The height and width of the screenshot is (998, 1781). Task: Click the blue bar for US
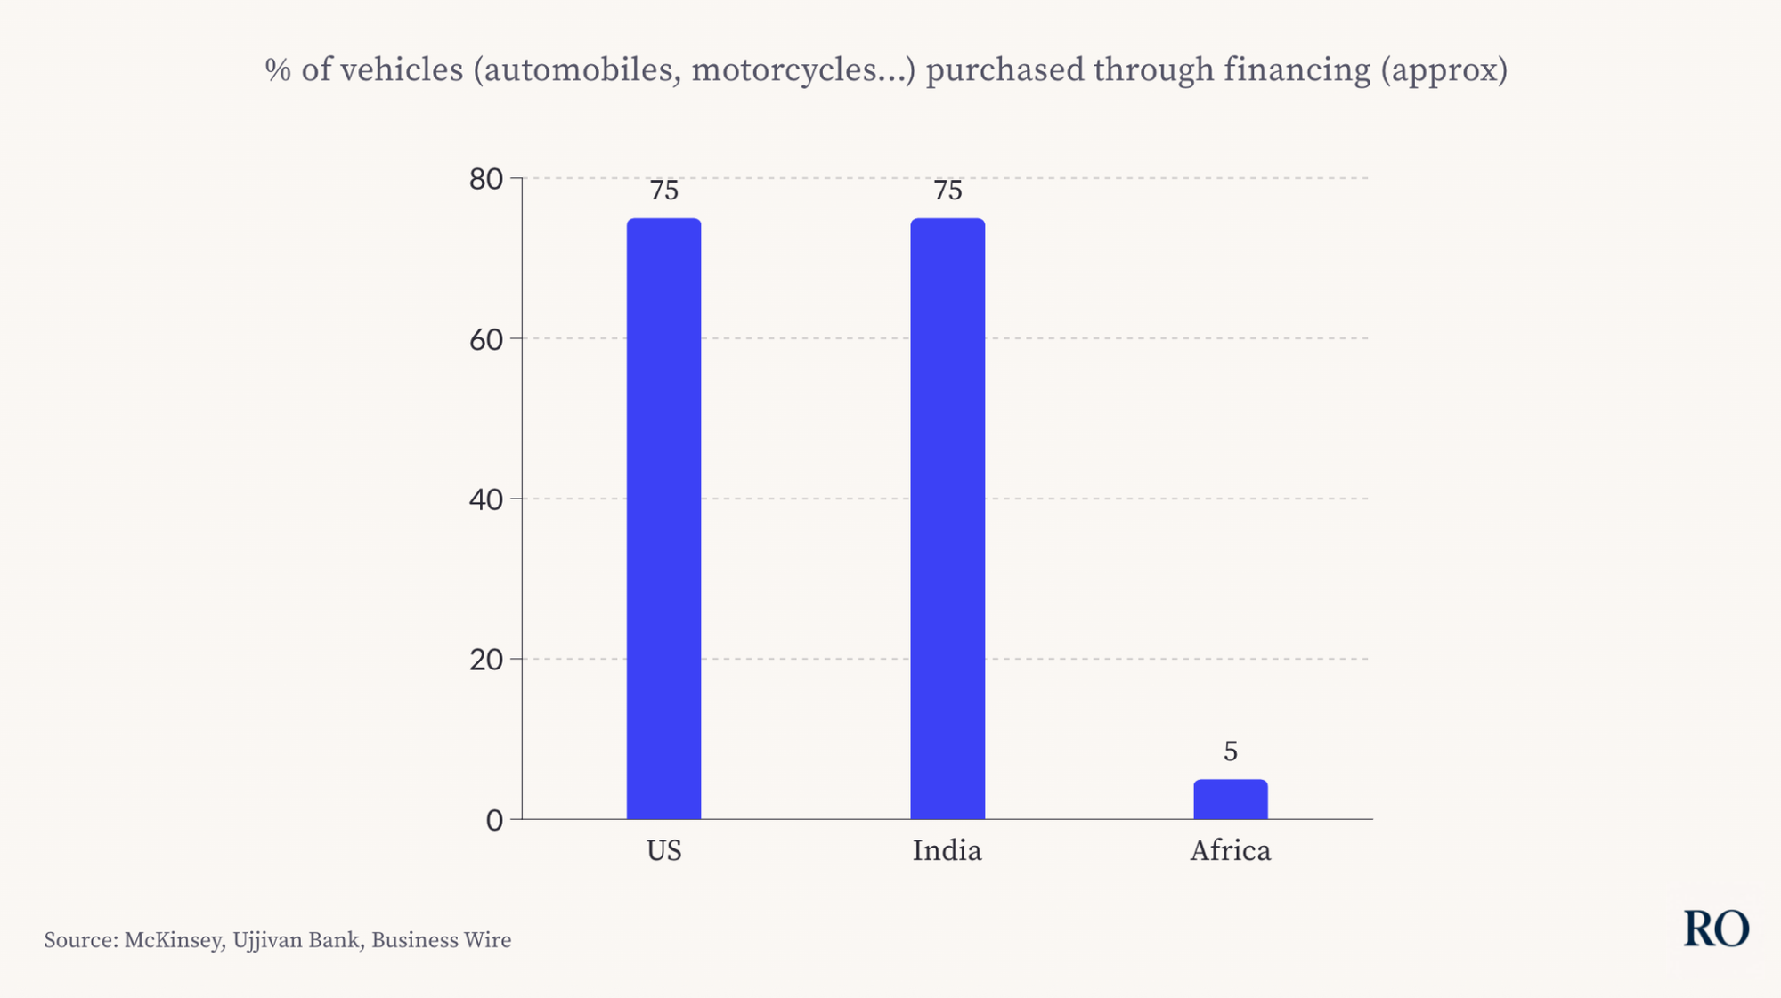pyautogui.click(x=663, y=518)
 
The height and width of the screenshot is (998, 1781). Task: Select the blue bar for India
pyautogui.click(x=947, y=518)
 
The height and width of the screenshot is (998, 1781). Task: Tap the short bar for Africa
pyautogui.click(x=1231, y=799)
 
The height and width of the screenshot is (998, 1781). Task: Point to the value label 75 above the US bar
pyautogui.click(x=663, y=191)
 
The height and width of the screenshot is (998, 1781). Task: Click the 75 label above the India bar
pyautogui.click(x=947, y=191)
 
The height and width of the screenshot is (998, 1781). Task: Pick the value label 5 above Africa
pyautogui.click(x=1231, y=751)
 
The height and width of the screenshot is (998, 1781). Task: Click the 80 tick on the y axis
pyautogui.click(x=486, y=179)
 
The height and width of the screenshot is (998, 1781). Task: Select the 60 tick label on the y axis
pyautogui.click(x=486, y=339)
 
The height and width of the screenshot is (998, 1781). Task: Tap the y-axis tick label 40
pyautogui.click(x=486, y=499)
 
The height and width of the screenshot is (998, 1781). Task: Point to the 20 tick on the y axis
pyautogui.click(x=486, y=660)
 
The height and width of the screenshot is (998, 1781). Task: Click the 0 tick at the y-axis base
pyautogui.click(x=494, y=820)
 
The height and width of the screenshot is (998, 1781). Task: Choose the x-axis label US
pyautogui.click(x=663, y=850)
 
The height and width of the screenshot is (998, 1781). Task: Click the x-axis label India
pyautogui.click(x=947, y=850)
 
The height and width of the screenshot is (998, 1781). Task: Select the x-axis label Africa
pyautogui.click(x=1231, y=850)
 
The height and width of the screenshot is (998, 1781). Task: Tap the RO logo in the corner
pyautogui.click(x=1716, y=929)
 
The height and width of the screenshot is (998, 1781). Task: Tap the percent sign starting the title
pyautogui.click(x=278, y=69)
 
